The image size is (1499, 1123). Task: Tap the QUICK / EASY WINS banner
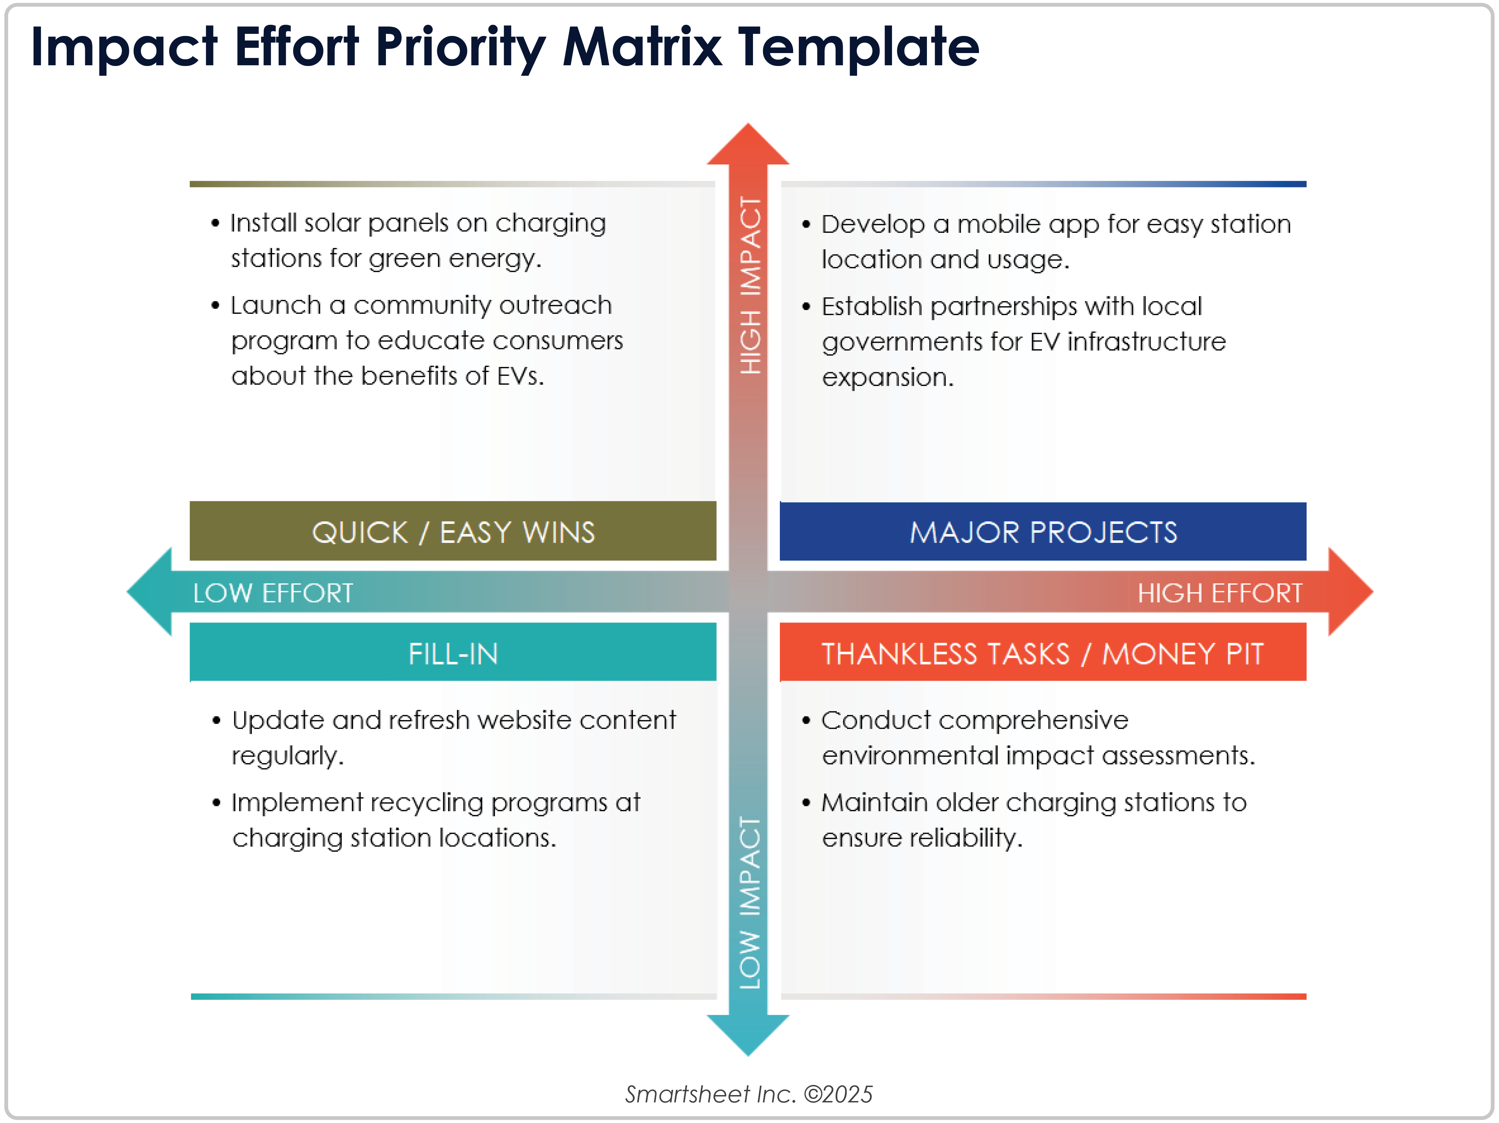[x=453, y=532]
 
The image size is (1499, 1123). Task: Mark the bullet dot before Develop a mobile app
[x=806, y=224]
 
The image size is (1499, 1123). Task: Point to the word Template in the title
[x=858, y=47]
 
